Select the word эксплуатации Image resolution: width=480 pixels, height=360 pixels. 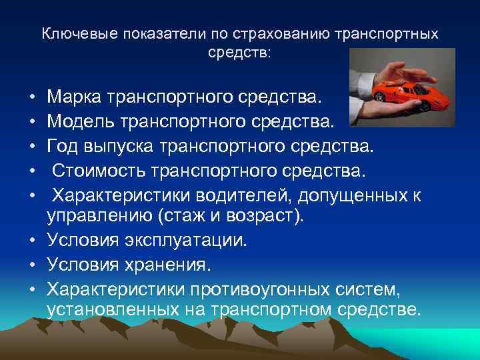point(184,240)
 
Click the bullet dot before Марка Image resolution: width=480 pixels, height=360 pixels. point(32,99)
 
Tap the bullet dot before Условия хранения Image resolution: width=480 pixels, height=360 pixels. point(32,264)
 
